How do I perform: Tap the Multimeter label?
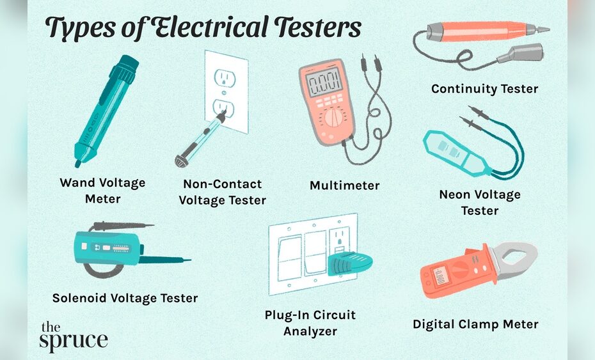tap(344, 185)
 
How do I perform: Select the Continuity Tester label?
tap(484, 89)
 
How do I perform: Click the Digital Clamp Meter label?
tap(475, 324)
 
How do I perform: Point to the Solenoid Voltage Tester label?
tap(125, 298)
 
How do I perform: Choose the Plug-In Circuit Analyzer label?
tap(310, 323)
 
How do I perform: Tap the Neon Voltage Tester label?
tap(480, 202)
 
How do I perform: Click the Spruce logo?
tap(73, 337)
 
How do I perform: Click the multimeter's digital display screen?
tap(324, 82)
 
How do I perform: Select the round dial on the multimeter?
tap(332, 118)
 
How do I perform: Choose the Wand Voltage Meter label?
tap(102, 191)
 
